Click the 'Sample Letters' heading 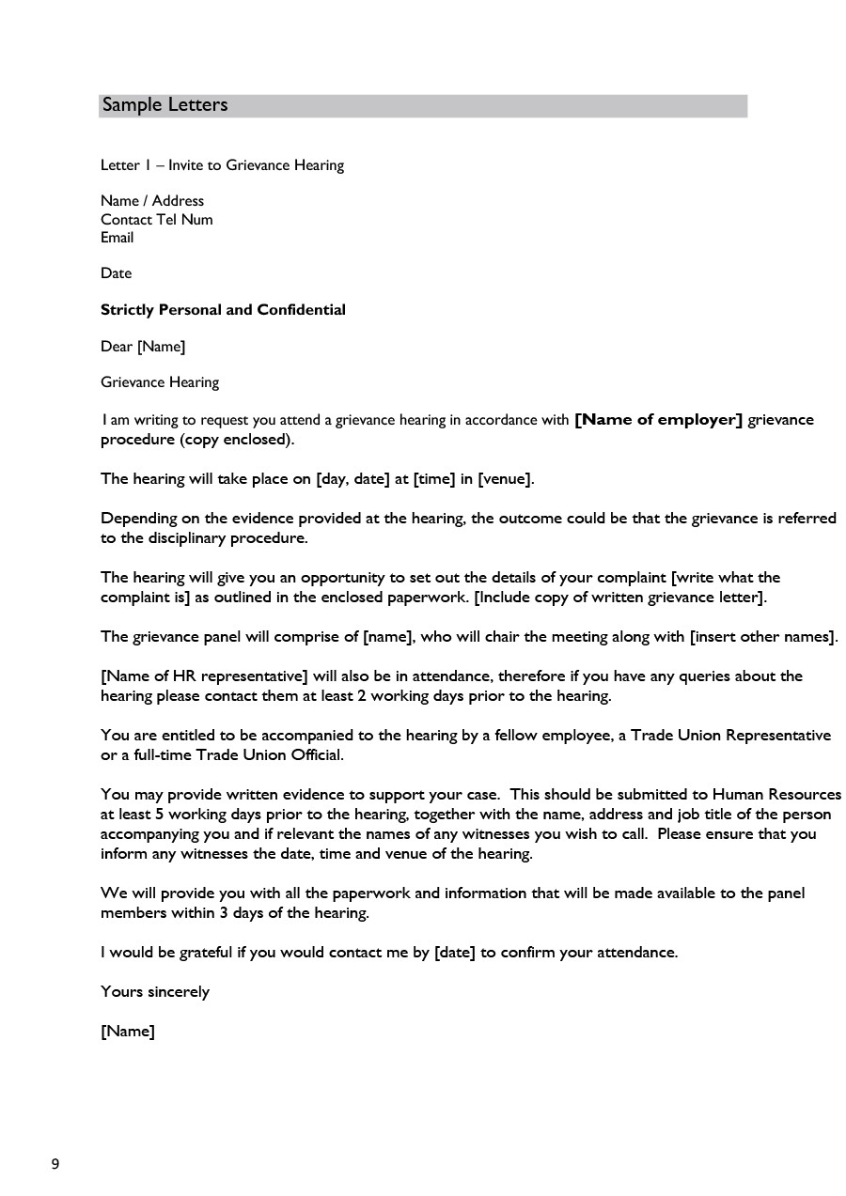point(164,105)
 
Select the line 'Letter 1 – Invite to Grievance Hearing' point(222,165)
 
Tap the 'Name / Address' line point(151,201)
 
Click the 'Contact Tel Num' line point(156,220)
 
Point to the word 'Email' point(117,238)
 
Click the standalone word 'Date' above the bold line point(116,273)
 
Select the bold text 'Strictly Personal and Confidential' point(223,310)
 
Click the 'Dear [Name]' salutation point(143,347)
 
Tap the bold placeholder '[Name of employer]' point(658,420)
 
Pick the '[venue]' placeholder point(505,479)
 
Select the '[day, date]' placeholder point(352,479)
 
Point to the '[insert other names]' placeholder point(761,637)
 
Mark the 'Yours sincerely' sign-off point(155,992)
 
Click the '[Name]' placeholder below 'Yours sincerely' point(127,1032)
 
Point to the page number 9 point(55,1165)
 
